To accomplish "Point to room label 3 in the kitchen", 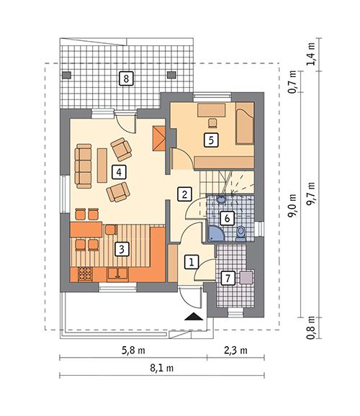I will pos(123,250).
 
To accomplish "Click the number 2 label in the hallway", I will pos(184,194).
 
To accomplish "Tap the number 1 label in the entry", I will pos(192,262).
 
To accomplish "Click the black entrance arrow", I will pos(193,317).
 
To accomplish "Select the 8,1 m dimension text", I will pos(166,368).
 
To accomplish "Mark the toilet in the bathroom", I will pos(240,231).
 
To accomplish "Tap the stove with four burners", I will pos(84,273).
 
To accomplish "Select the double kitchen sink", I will pos(118,273).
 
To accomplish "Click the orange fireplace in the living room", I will pos(160,137).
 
